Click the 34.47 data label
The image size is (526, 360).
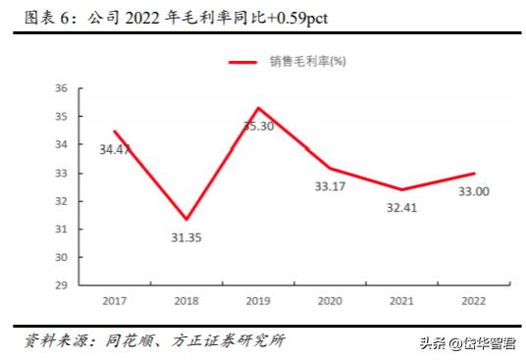click(x=115, y=150)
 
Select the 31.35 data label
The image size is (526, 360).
click(x=185, y=236)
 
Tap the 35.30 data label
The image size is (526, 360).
click(x=258, y=126)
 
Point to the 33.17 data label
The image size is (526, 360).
click(x=330, y=186)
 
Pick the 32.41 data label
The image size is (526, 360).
click(x=401, y=208)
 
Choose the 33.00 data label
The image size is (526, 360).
click(x=473, y=191)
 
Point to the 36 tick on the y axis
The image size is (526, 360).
click(x=61, y=88)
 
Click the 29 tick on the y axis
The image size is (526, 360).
click(x=61, y=285)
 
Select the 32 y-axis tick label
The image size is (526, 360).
click(x=61, y=201)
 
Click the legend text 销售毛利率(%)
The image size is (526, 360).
click(x=307, y=61)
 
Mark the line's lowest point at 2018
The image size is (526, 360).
click(x=186, y=219)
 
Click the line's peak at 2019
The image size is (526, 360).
click(x=258, y=108)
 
